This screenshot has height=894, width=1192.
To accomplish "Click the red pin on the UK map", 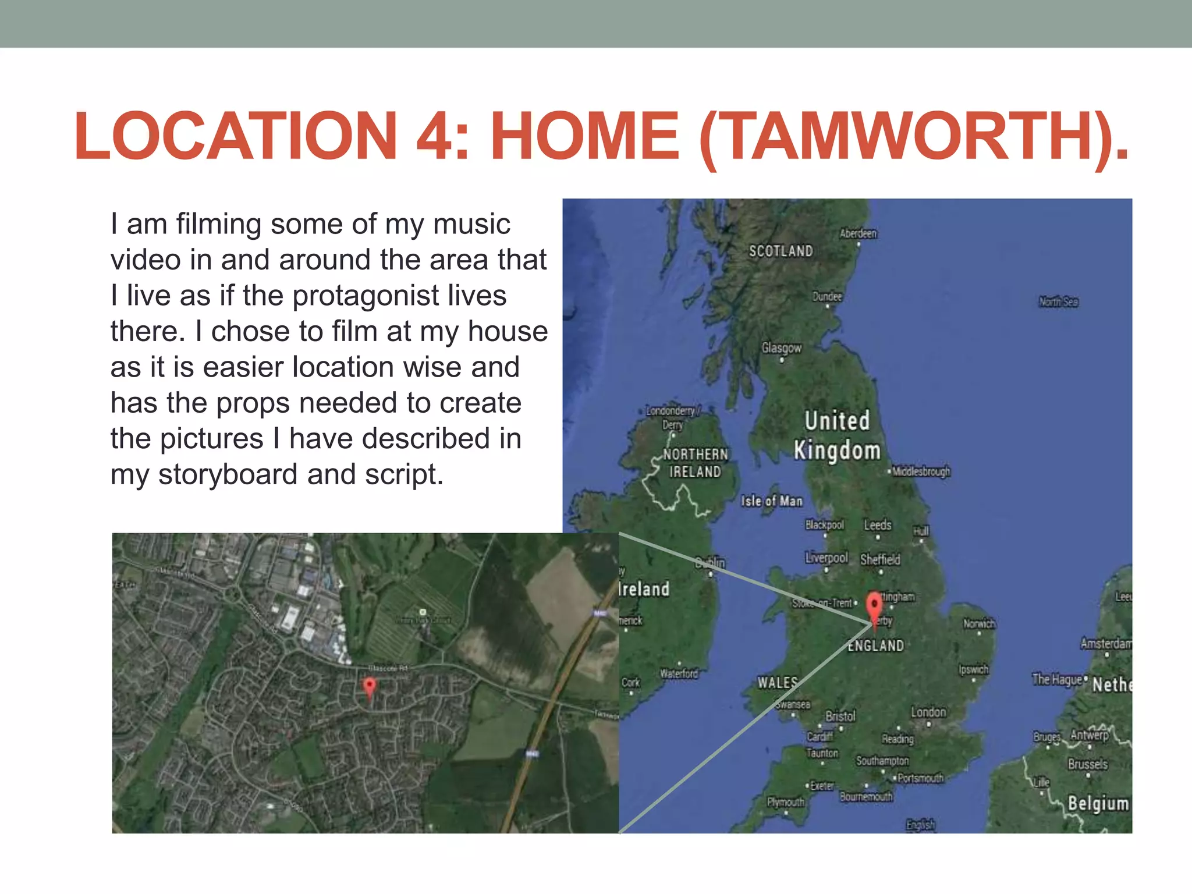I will tap(874, 607).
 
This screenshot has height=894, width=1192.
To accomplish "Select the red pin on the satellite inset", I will tap(369, 687).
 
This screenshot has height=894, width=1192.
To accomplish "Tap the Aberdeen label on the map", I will tap(858, 233).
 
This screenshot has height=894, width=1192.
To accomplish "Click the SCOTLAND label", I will tap(781, 251).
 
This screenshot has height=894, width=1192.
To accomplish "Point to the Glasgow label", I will tap(782, 348).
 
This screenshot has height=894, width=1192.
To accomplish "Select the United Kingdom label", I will tap(837, 435).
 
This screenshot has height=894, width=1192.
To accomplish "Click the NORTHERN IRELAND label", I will tap(696, 463).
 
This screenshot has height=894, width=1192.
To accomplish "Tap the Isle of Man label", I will tap(772, 501).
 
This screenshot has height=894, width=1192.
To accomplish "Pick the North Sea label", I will tap(1058, 301).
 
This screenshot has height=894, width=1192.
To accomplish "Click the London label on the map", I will tap(928, 712).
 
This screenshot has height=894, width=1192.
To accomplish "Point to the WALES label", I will tap(777, 682).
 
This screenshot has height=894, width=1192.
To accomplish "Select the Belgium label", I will tap(1098, 803).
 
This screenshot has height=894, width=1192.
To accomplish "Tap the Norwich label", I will tap(979, 623).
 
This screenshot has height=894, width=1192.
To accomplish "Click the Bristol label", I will tap(840, 716).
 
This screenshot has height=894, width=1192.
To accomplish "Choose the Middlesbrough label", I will tap(921, 471).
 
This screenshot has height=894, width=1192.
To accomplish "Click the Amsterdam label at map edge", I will tap(1105, 643).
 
